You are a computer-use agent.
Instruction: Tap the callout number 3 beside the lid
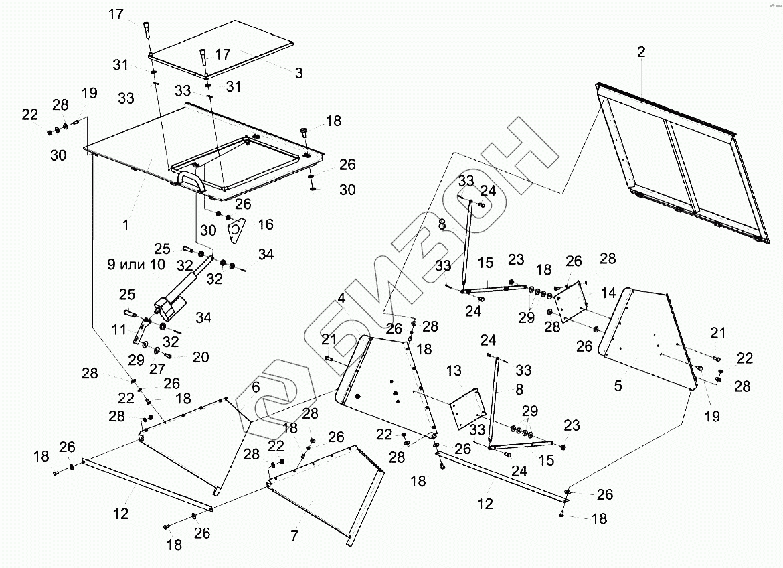click(298, 72)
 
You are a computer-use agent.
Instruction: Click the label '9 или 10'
click(136, 264)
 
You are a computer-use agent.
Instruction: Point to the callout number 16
click(266, 224)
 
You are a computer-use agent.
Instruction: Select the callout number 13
click(454, 370)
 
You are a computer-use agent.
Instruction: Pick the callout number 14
click(608, 292)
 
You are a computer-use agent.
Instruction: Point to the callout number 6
click(256, 387)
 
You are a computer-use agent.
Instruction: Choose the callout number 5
click(618, 385)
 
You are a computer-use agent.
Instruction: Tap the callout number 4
click(341, 299)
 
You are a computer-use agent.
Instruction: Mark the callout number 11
click(118, 329)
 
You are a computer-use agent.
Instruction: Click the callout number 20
click(200, 358)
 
